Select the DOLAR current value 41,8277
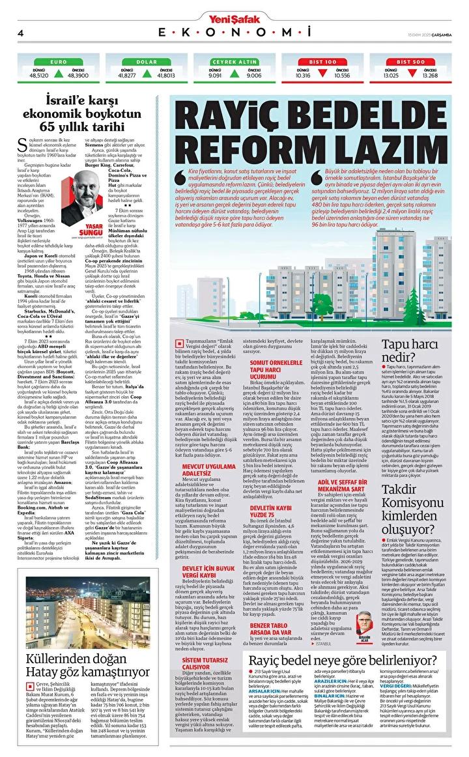127,75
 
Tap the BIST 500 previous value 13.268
429,75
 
